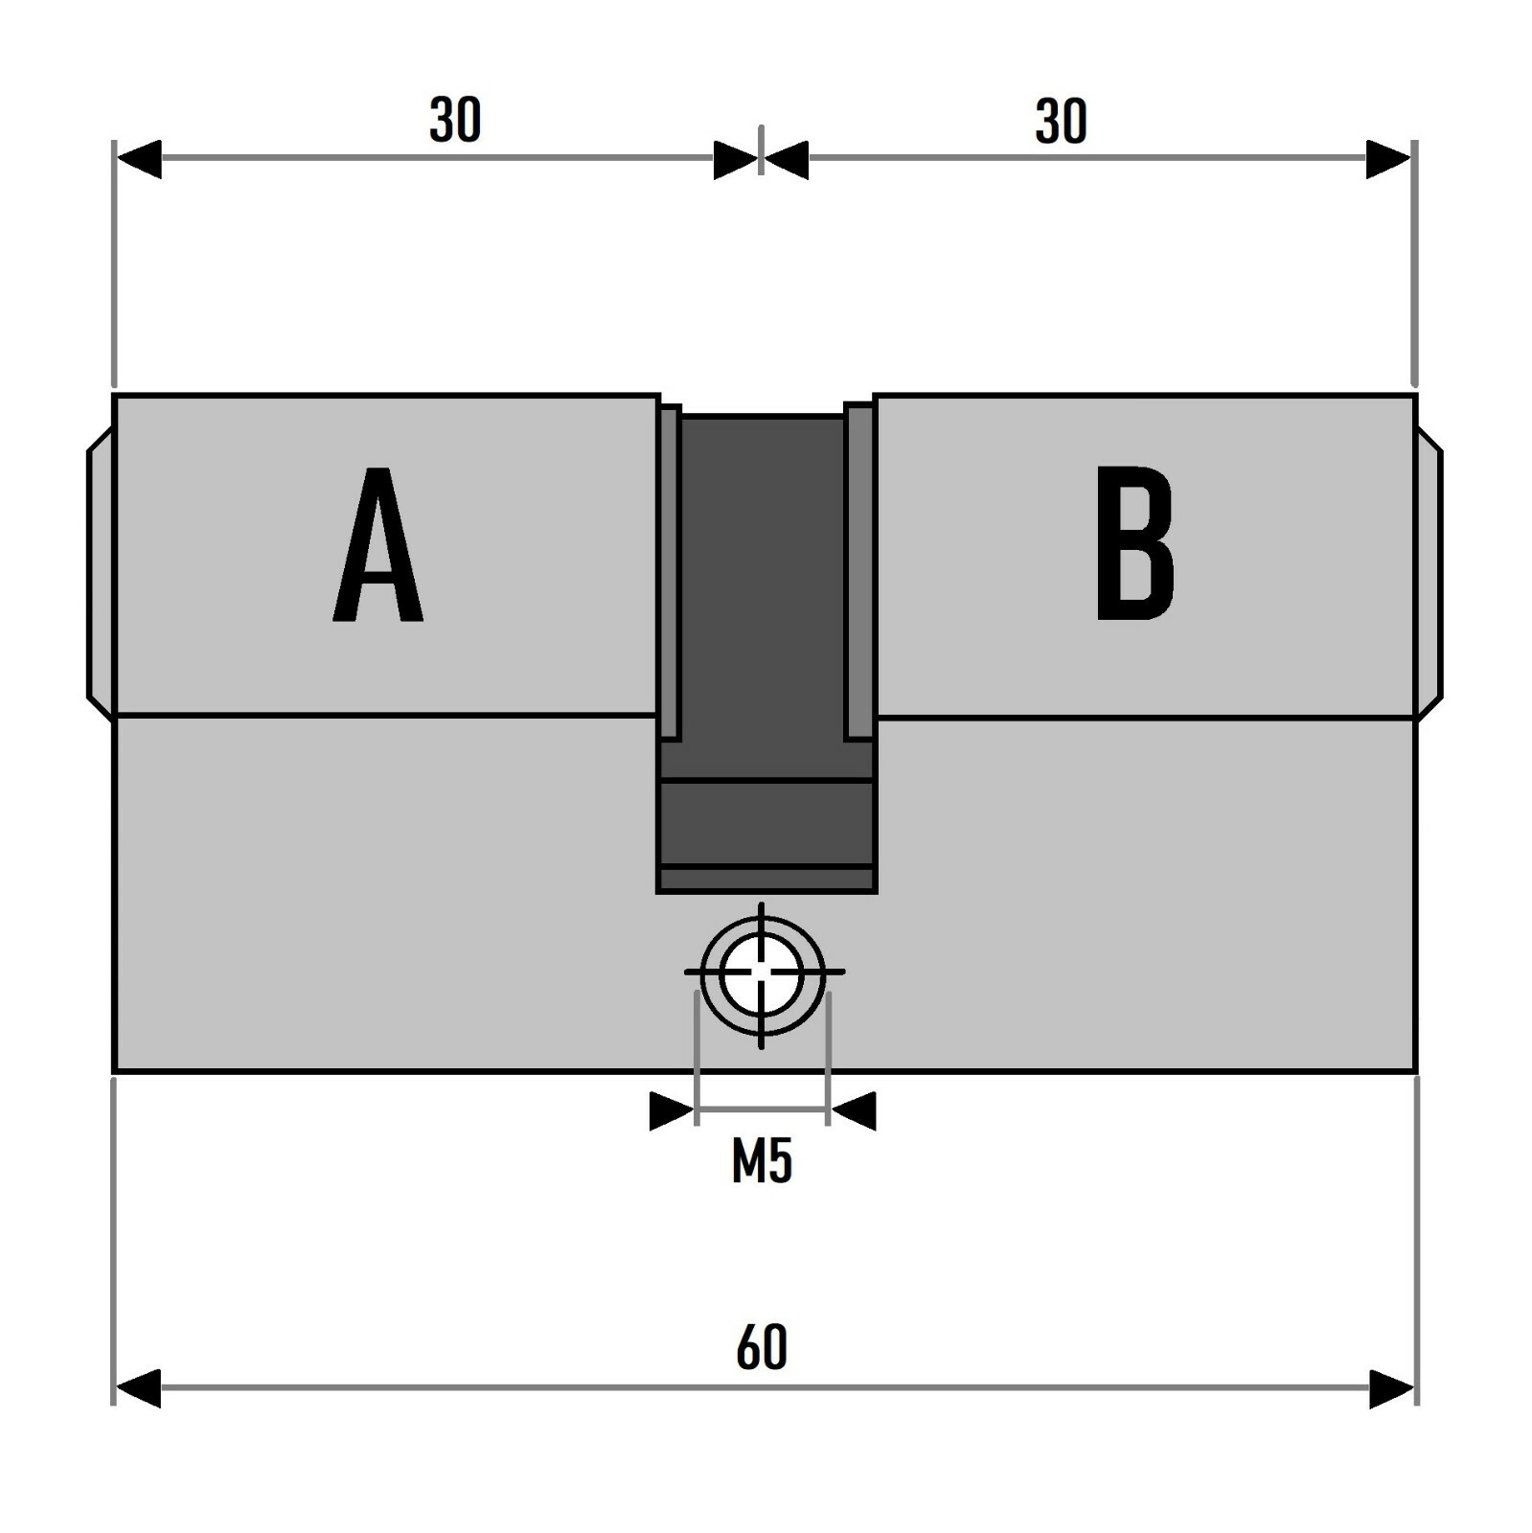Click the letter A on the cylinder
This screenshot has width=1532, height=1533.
(x=377, y=546)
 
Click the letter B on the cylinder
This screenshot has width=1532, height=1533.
(x=1134, y=544)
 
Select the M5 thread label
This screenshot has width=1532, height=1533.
(x=762, y=1162)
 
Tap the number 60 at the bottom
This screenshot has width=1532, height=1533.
(x=762, y=1346)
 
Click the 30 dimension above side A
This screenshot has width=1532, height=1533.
(x=454, y=122)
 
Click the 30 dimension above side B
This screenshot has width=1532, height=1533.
(x=1061, y=122)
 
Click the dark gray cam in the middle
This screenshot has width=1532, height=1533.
(x=764, y=594)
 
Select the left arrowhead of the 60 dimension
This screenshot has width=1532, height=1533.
(x=137, y=1388)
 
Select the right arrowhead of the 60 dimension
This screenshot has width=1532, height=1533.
(x=1392, y=1388)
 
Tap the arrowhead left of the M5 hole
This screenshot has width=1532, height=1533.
(x=671, y=1110)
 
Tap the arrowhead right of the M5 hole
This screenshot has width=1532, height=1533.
(x=854, y=1110)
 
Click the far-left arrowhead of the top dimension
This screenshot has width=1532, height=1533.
(x=138, y=159)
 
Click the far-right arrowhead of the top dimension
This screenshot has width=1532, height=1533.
(x=1388, y=159)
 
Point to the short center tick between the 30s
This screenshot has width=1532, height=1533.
(x=761, y=149)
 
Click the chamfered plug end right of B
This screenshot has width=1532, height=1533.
(x=1429, y=573)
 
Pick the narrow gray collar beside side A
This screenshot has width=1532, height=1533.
(x=670, y=573)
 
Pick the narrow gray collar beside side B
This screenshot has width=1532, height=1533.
(x=859, y=573)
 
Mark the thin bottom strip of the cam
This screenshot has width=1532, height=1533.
(x=766, y=880)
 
